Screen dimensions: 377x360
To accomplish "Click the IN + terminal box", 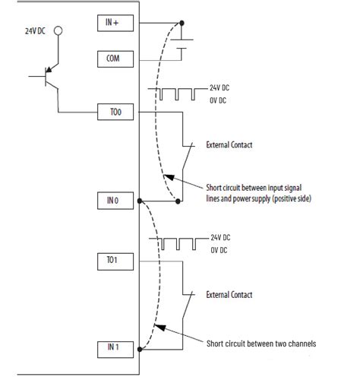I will (x=115, y=23).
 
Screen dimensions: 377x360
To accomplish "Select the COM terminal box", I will (x=115, y=58).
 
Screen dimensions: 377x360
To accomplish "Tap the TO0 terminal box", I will (x=115, y=112).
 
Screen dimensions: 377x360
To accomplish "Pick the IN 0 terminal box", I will (x=115, y=201).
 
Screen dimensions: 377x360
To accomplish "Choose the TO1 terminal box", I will (x=115, y=261).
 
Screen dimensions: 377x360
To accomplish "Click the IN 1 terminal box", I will (x=115, y=348).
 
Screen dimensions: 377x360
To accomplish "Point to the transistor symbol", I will (x=49, y=77).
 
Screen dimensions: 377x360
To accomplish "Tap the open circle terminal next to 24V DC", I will (x=57, y=33).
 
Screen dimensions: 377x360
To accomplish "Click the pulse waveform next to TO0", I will (x=178, y=94).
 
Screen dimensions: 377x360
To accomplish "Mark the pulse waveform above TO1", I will (x=178, y=243).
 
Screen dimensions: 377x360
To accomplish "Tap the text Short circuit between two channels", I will (x=261, y=344).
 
